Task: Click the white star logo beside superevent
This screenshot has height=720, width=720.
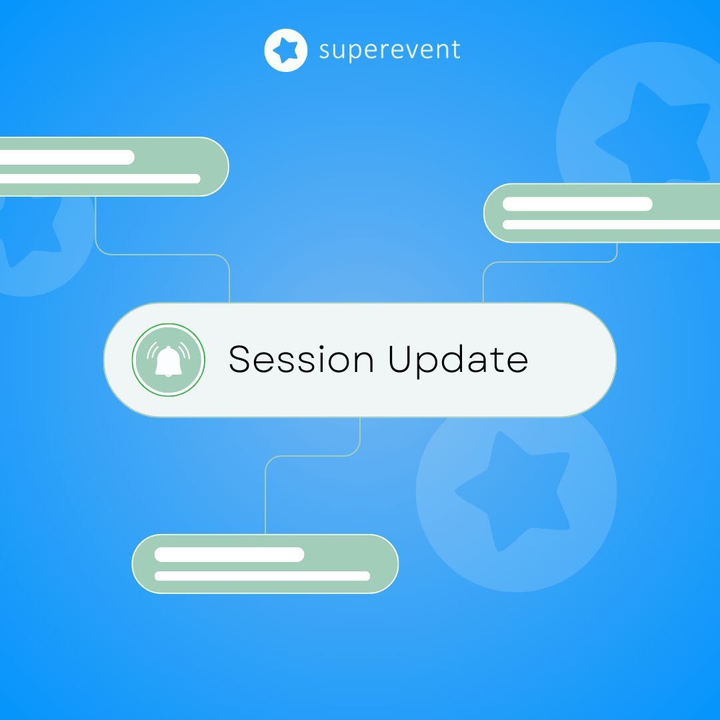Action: (285, 50)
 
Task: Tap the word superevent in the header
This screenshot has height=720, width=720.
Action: (389, 50)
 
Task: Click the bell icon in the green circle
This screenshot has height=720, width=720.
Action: (168, 361)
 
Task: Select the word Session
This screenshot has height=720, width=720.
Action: (301, 359)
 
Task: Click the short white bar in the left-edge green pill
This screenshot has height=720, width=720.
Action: (67, 157)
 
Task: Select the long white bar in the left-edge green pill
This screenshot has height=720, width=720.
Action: (100, 179)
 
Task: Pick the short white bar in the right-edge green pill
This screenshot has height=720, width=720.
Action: (577, 204)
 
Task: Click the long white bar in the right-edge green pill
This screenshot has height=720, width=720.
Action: (611, 225)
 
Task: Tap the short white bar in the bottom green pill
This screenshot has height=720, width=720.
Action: (229, 555)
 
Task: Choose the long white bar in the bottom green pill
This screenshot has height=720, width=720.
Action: (262, 576)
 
